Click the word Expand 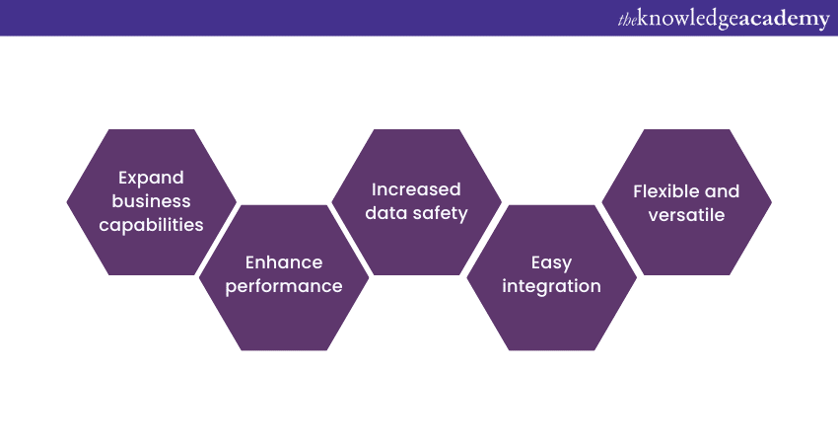(152, 179)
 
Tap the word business (152, 201)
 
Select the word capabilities (152, 225)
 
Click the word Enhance (284, 262)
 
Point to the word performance (284, 286)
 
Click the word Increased (416, 188)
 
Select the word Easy (551, 262)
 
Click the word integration (551, 286)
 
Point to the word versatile (686, 214)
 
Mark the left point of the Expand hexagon (68, 202)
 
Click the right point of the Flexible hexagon (771, 202)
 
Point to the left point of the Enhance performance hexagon (200, 277)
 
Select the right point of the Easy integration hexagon (636, 277)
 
